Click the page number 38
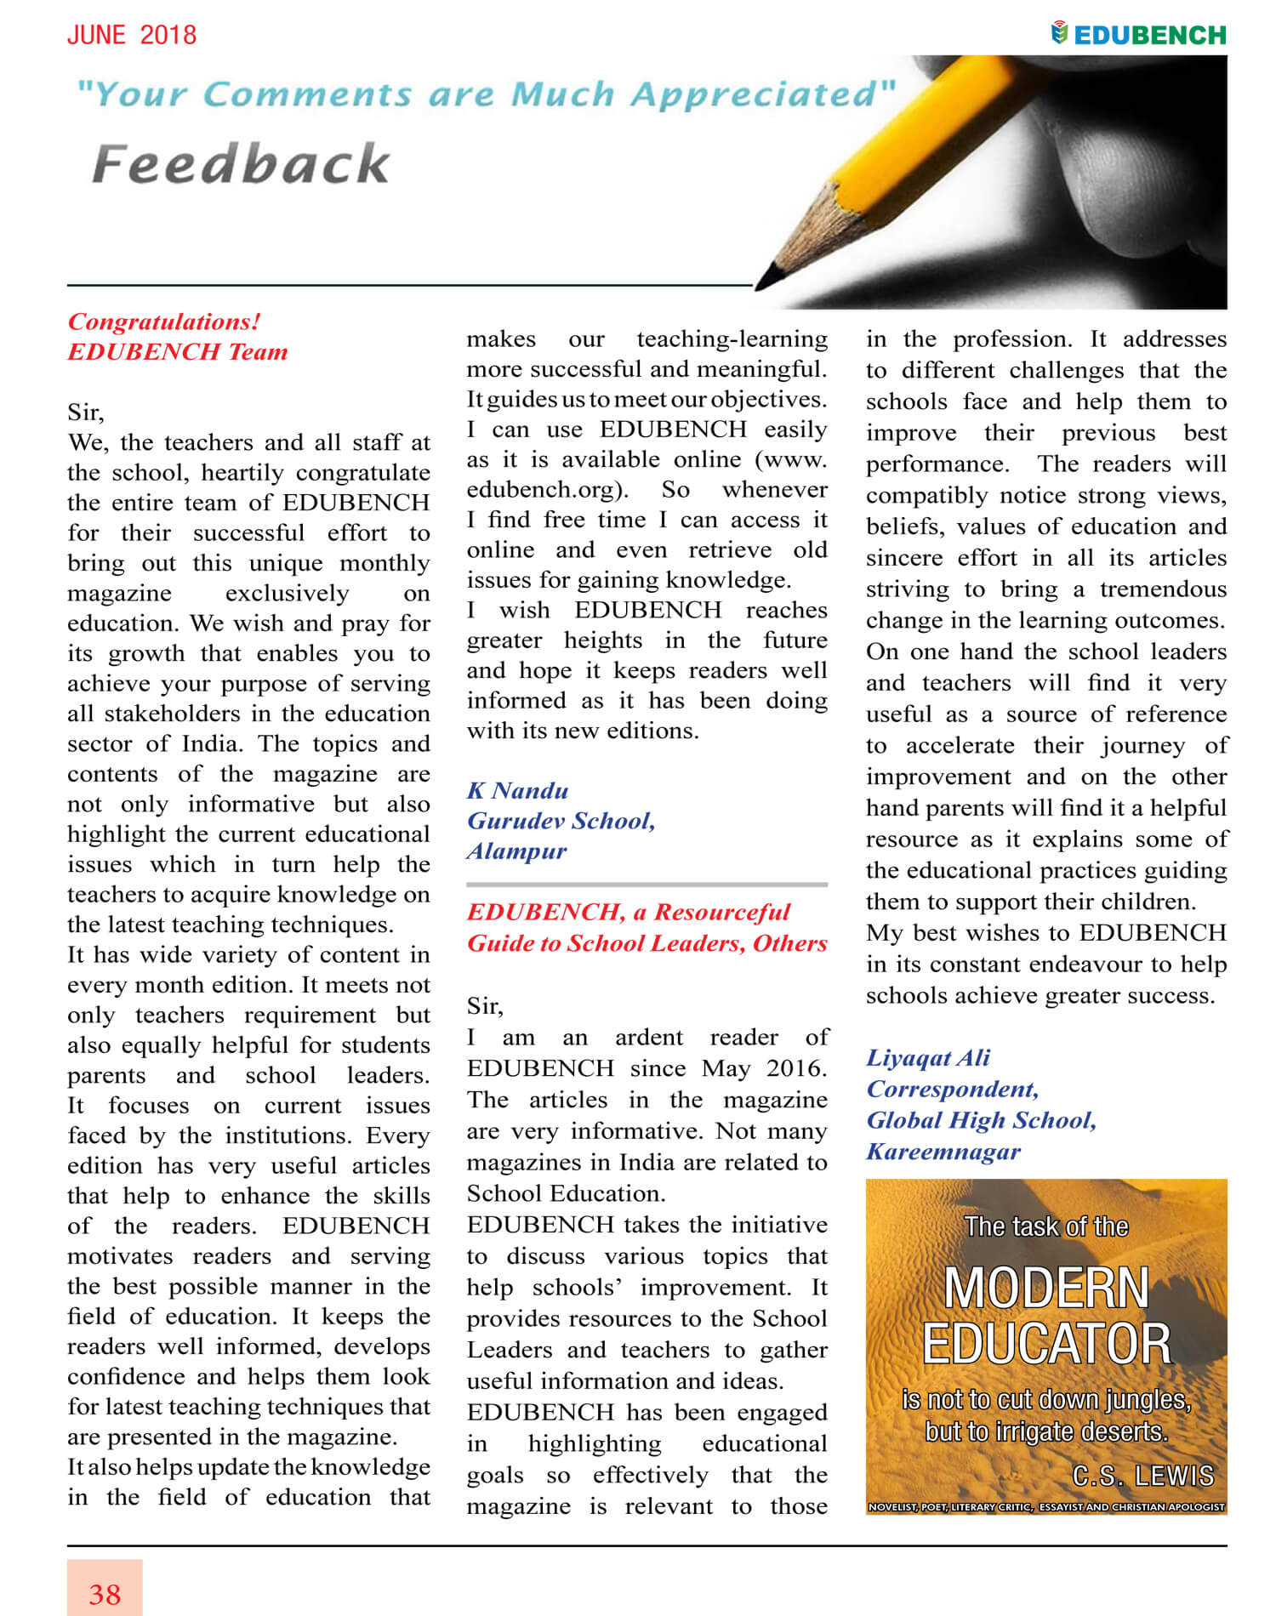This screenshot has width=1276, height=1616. click(105, 1594)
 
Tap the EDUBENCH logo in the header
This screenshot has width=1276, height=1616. click(1139, 35)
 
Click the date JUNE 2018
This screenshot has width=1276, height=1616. click(132, 35)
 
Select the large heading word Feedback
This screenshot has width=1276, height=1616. click(241, 164)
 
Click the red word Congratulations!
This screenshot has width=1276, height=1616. click(164, 321)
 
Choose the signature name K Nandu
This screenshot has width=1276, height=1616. click(517, 791)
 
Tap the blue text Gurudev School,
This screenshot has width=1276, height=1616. click(561, 821)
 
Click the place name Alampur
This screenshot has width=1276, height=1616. click(516, 851)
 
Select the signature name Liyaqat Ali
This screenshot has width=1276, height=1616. click(928, 1058)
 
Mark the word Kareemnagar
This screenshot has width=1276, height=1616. click(943, 1152)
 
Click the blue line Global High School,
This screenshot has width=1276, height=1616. click(982, 1121)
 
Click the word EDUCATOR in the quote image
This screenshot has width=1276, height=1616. click(1046, 1344)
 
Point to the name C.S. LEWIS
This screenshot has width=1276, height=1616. click(1142, 1476)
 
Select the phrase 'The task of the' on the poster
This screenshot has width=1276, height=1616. click(1046, 1226)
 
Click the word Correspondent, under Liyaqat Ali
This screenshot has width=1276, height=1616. click(953, 1090)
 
